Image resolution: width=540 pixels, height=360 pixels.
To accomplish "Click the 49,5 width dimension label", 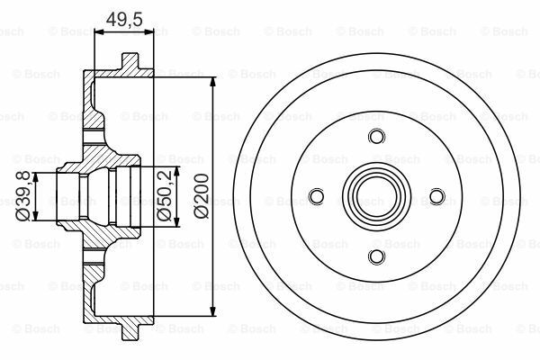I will (124, 17).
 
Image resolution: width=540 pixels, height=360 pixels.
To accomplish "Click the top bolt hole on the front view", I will (375, 137).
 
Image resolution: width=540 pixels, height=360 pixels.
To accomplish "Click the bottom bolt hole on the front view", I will (375, 257).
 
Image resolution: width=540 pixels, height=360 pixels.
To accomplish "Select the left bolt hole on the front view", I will (315, 197).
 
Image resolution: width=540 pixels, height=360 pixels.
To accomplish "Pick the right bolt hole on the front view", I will (436, 197).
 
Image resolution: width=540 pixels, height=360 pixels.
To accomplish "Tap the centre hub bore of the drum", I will (375, 197).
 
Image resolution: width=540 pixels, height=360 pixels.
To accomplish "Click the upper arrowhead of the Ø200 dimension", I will (213, 82).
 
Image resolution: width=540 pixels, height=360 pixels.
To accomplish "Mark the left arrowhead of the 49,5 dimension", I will (97, 33).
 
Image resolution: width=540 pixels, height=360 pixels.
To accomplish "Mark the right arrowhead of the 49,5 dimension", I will (153, 33).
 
